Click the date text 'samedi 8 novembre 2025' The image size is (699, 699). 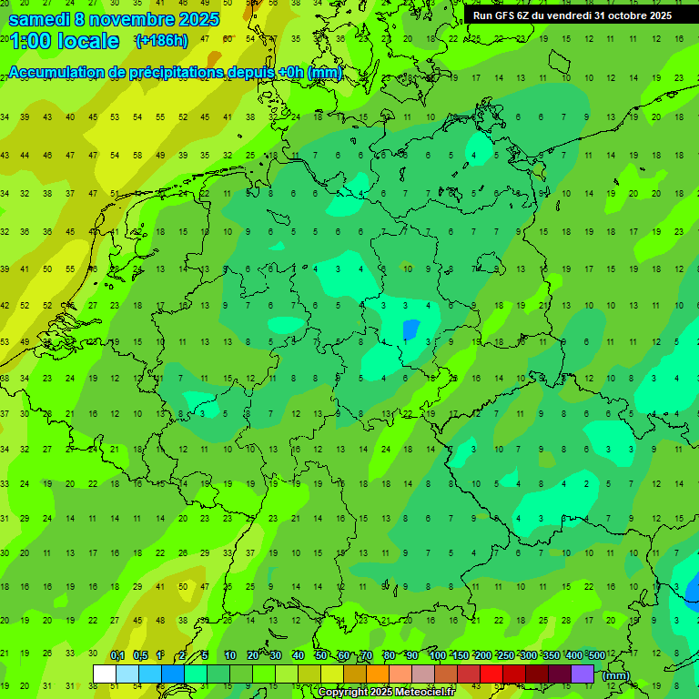[x=114, y=18]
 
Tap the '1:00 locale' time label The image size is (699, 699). [x=65, y=41]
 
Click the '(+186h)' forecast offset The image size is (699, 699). [x=161, y=41]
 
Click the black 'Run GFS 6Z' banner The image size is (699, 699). [x=572, y=15]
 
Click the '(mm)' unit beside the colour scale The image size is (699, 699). [x=616, y=675]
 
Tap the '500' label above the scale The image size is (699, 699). [x=596, y=655]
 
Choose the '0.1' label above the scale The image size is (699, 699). [x=117, y=655]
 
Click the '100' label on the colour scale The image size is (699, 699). [x=437, y=655]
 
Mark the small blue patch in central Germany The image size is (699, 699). [x=410, y=329]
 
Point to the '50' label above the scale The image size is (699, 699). [x=321, y=655]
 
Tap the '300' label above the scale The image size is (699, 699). [x=528, y=655]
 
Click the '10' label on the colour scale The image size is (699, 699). [x=229, y=655]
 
